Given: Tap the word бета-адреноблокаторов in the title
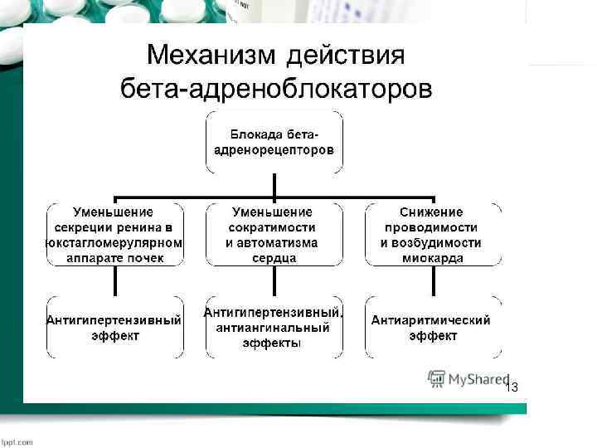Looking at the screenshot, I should [276, 89].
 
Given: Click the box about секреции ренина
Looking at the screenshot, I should [114, 235].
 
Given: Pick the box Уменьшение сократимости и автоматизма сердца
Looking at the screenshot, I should [272, 235].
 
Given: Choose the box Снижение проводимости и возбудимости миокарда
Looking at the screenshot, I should [432, 235].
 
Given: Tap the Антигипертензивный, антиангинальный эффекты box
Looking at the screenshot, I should [272, 328].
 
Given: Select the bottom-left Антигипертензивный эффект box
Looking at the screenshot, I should [114, 328].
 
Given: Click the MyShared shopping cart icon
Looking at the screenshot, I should [436, 379].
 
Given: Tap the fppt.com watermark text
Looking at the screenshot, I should [17, 441].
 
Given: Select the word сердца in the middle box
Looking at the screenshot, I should [273, 258].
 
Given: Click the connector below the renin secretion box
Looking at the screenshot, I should [114, 281].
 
